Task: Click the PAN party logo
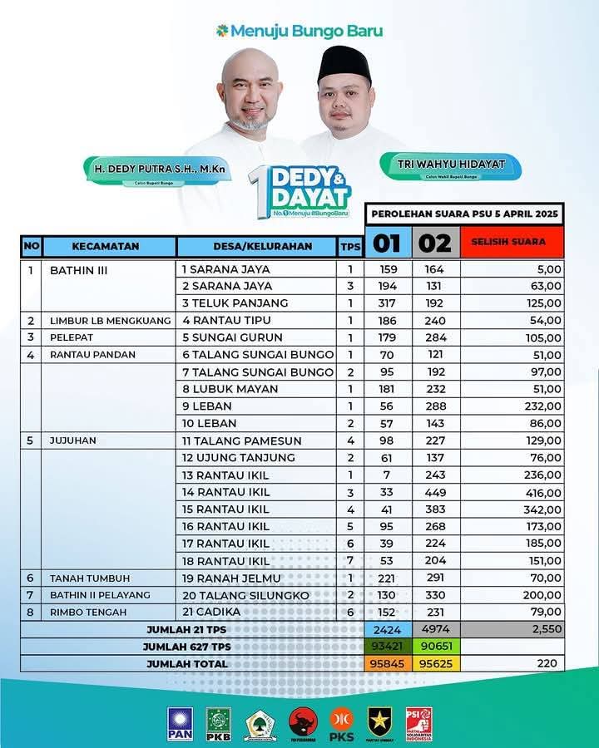180,724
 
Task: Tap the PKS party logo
342,724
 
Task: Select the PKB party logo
219,724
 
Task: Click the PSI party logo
419,724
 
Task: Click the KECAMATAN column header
106,246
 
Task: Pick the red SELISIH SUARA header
512,242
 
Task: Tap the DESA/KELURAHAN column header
256,246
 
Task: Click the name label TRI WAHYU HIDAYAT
452,165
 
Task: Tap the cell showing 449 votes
434,492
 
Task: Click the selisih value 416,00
542,492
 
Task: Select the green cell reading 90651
434,647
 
